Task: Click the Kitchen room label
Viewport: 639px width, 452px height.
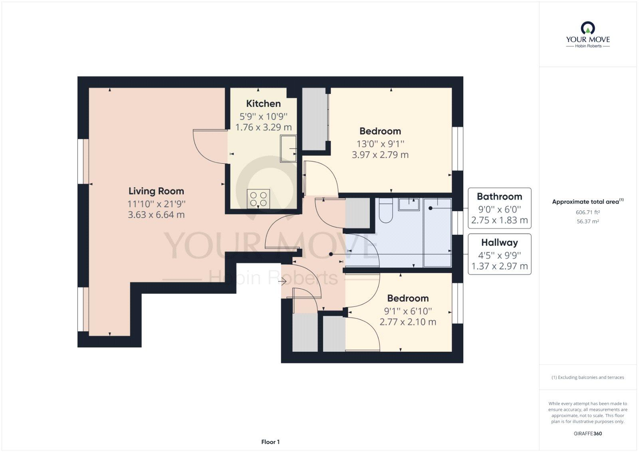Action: (263, 104)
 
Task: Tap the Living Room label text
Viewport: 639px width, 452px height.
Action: (156, 191)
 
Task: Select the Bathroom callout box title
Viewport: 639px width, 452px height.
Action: (499, 196)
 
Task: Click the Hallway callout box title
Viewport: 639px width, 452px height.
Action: (499, 242)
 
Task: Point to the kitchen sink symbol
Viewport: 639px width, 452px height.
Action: (288, 149)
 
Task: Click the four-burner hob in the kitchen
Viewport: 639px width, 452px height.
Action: (258, 199)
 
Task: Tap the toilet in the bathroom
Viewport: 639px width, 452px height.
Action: (386, 212)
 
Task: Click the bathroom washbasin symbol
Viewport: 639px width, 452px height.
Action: (409, 204)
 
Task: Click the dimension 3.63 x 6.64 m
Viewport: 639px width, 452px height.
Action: (156, 215)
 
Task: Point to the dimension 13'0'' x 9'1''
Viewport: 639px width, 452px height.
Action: (380, 144)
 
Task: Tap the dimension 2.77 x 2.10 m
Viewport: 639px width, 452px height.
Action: (408, 322)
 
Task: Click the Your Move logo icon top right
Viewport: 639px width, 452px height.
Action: (588, 28)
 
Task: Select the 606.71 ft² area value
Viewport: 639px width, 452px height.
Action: (587, 212)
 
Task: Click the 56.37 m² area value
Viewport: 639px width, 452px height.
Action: (587, 221)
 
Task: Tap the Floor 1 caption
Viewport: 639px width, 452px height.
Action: (270, 442)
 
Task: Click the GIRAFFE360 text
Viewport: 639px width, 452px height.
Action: (587, 433)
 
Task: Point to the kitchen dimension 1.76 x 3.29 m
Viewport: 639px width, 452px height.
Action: (263, 127)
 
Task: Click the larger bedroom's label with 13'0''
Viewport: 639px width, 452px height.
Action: (380, 131)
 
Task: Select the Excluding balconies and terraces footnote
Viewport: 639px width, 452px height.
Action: (587, 377)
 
